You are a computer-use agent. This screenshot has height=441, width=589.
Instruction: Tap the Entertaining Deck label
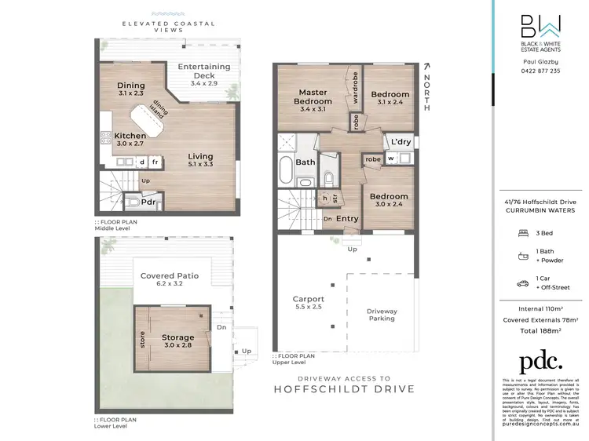click(204, 71)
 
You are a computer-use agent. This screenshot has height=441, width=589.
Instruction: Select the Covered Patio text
click(170, 275)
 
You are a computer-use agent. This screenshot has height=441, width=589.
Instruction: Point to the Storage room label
click(177, 337)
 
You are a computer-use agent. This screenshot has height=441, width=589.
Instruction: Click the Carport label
click(309, 299)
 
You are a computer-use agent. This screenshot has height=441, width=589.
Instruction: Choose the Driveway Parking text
click(382, 315)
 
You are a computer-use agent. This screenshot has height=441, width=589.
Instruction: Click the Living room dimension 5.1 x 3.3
click(200, 166)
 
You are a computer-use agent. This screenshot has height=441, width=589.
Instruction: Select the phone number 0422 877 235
click(542, 71)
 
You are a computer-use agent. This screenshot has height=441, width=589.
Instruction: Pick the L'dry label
click(401, 142)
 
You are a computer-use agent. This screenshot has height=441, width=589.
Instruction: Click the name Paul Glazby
click(542, 60)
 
